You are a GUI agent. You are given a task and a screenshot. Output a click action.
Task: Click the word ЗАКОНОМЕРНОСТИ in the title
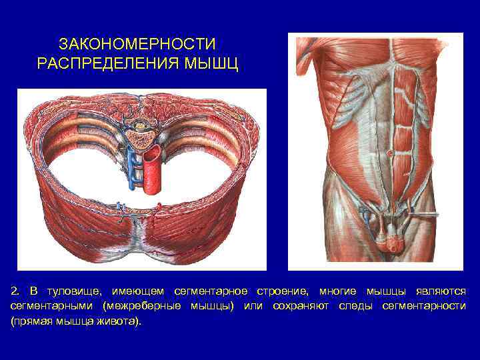coord(137,45)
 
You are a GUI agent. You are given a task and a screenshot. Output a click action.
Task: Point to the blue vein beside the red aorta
coord(131,167)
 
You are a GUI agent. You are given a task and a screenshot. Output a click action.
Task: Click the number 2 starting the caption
coord(15,292)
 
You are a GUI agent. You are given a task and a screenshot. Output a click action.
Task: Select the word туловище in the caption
coord(68,292)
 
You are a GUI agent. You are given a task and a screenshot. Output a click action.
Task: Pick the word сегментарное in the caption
coord(210,292)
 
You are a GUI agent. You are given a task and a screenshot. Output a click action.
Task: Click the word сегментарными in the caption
coord(52,307)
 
